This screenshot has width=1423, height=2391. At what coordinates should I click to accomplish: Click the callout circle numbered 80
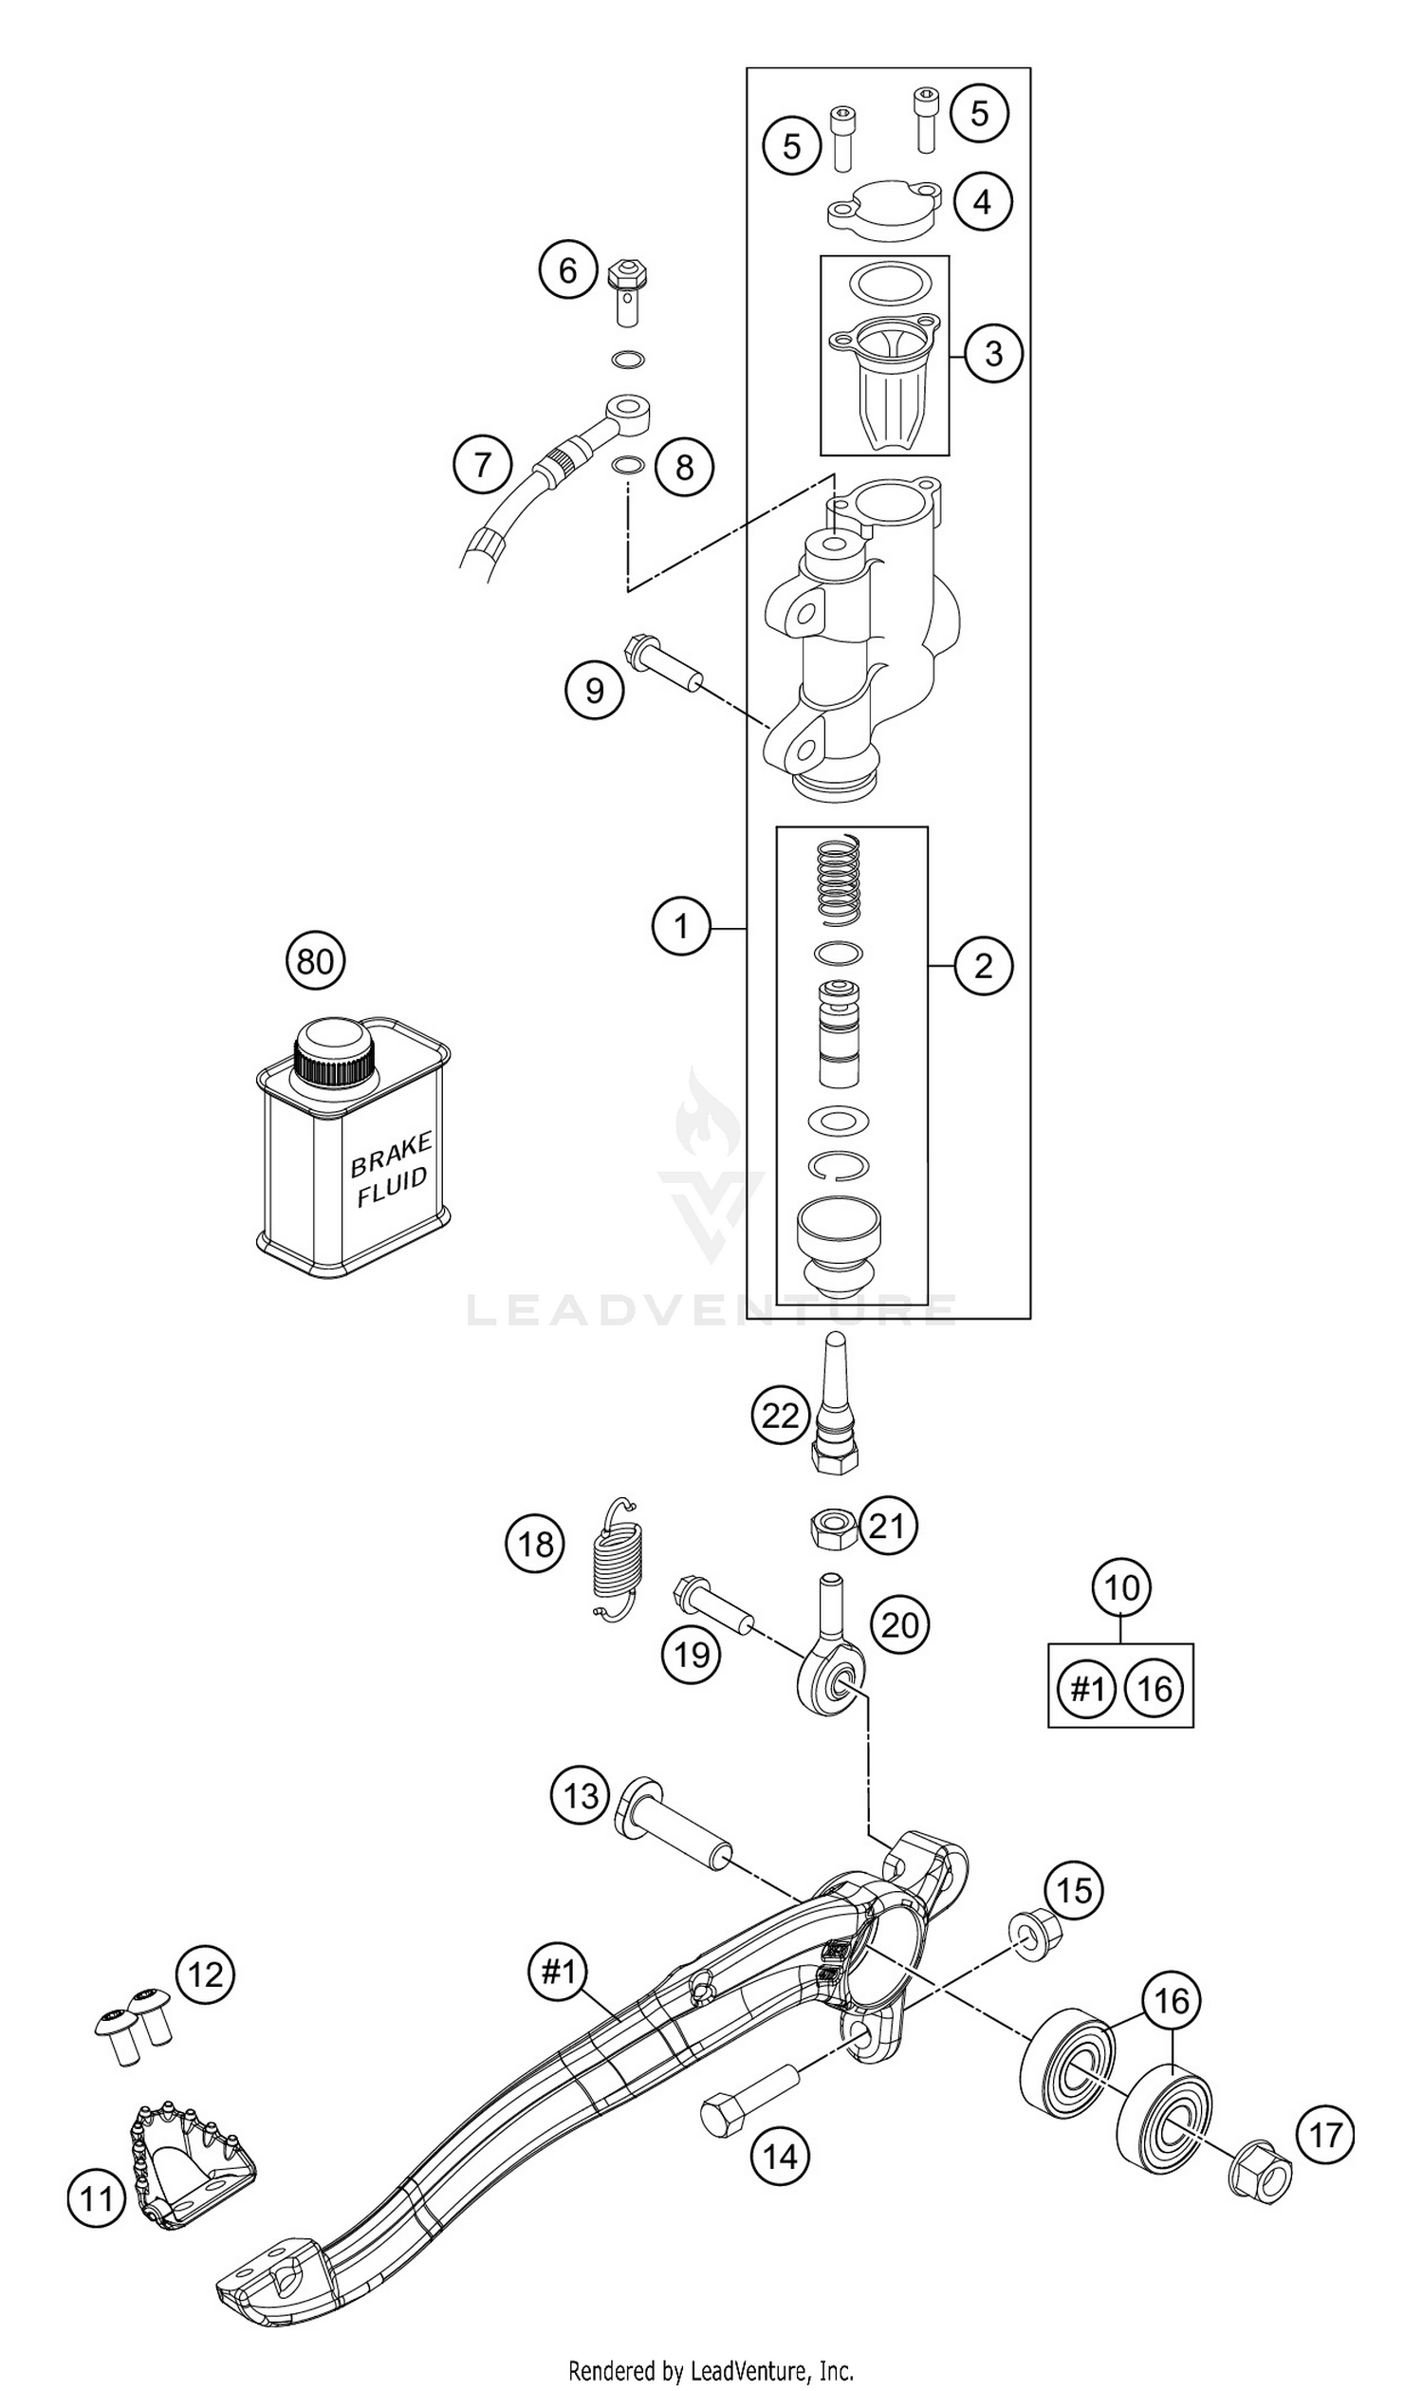click(x=315, y=960)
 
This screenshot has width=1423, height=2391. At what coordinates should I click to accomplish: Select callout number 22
click(x=780, y=1415)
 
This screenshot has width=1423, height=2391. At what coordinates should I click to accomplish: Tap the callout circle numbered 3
click(x=992, y=353)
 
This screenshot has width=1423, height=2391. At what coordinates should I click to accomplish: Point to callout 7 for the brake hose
click(x=482, y=465)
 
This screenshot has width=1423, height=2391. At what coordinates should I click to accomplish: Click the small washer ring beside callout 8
click(x=627, y=466)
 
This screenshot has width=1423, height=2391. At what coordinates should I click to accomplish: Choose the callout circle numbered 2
click(x=983, y=965)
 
